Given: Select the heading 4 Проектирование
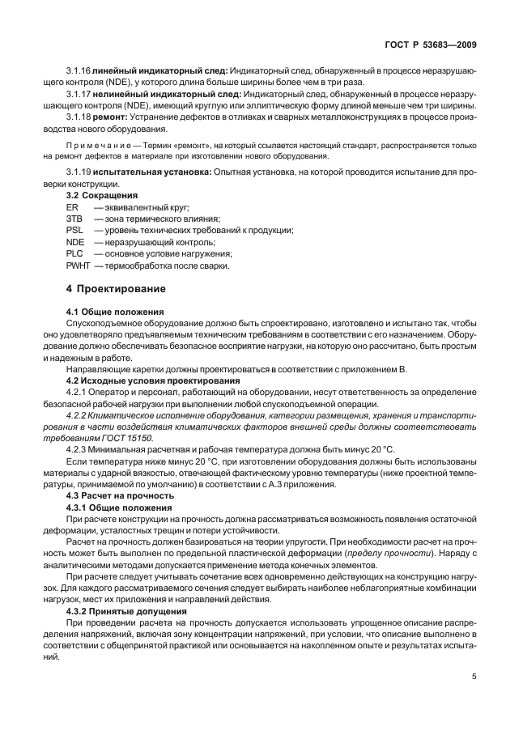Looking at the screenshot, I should tap(116, 288).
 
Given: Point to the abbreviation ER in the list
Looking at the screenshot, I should tap(71, 208).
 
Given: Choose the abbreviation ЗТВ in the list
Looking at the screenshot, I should tap(74, 219).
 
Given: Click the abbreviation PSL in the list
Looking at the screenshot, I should tap(73, 231).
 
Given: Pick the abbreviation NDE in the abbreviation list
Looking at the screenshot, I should tap(74, 242).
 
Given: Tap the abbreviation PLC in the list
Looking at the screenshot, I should tap(74, 253).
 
